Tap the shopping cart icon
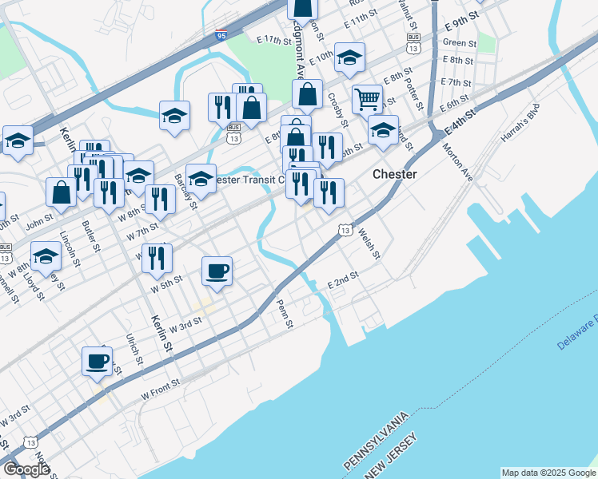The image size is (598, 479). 367,99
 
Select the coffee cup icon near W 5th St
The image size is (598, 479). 217,271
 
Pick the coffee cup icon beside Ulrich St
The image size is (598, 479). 97,360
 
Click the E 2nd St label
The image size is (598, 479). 343,280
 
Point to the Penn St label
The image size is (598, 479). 284,312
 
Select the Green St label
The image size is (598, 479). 459,42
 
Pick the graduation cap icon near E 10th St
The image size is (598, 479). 349,57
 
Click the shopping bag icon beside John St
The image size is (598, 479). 62,192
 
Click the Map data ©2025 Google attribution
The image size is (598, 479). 548,473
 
